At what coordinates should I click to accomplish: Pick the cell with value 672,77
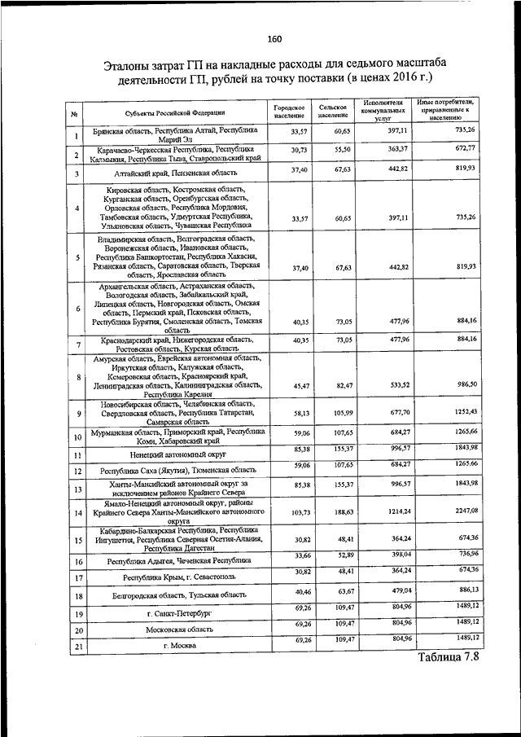(466, 147)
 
